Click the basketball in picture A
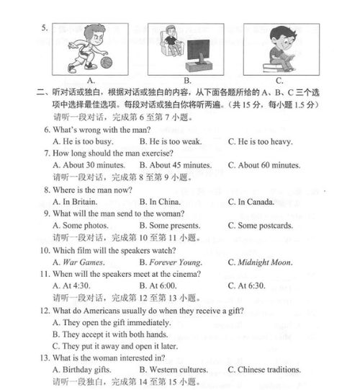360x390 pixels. click(107, 63)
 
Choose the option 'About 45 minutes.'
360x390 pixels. click(179, 165)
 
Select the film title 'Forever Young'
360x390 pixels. click(175, 262)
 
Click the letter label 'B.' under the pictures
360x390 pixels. click(188, 81)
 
